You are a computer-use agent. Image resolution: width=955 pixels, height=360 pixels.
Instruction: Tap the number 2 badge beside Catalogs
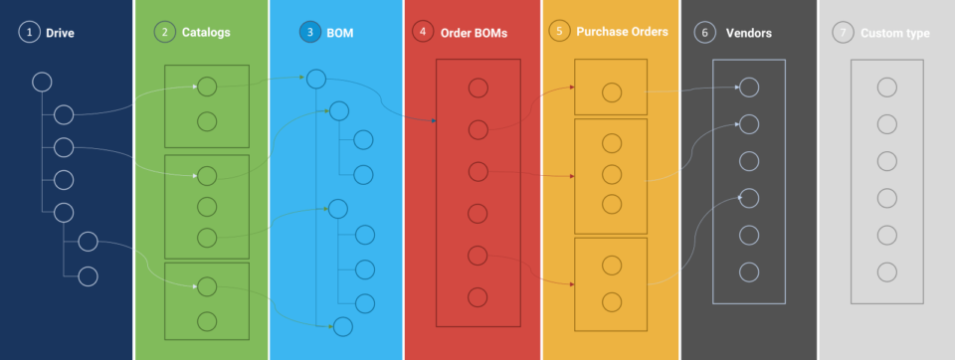pos(164,32)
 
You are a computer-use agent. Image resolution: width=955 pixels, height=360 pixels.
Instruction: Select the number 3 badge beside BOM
pos(309,32)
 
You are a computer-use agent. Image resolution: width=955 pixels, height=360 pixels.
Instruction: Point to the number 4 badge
pos(423,32)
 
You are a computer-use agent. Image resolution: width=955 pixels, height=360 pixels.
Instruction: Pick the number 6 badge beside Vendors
pos(704,33)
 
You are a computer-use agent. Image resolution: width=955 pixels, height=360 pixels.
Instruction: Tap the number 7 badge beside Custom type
pos(844,33)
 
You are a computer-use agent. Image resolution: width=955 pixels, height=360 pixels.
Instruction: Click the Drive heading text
pos(60,33)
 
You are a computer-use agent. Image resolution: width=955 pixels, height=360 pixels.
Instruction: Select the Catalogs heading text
pos(206,32)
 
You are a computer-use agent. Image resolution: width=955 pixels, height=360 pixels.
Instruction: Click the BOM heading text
pos(339,33)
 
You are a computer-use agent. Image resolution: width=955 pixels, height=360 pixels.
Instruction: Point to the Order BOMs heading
pos(474,33)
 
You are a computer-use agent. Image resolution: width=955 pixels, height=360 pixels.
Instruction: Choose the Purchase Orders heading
pos(623,32)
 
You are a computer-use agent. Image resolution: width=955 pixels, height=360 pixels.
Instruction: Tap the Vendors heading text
pos(749,33)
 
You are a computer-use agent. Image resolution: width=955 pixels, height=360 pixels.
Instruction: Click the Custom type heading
pos(896,33)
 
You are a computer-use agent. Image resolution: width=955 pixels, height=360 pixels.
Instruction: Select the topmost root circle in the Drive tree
pos(42,82)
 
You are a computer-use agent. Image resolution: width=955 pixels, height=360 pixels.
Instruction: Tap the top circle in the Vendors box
pos(749,88)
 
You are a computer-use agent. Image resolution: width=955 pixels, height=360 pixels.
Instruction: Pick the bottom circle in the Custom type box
pos(887,271)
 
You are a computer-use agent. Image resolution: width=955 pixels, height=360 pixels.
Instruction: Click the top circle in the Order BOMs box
pos(477,88)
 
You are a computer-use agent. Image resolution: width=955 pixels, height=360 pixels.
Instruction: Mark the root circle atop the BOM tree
pos(315,79)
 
